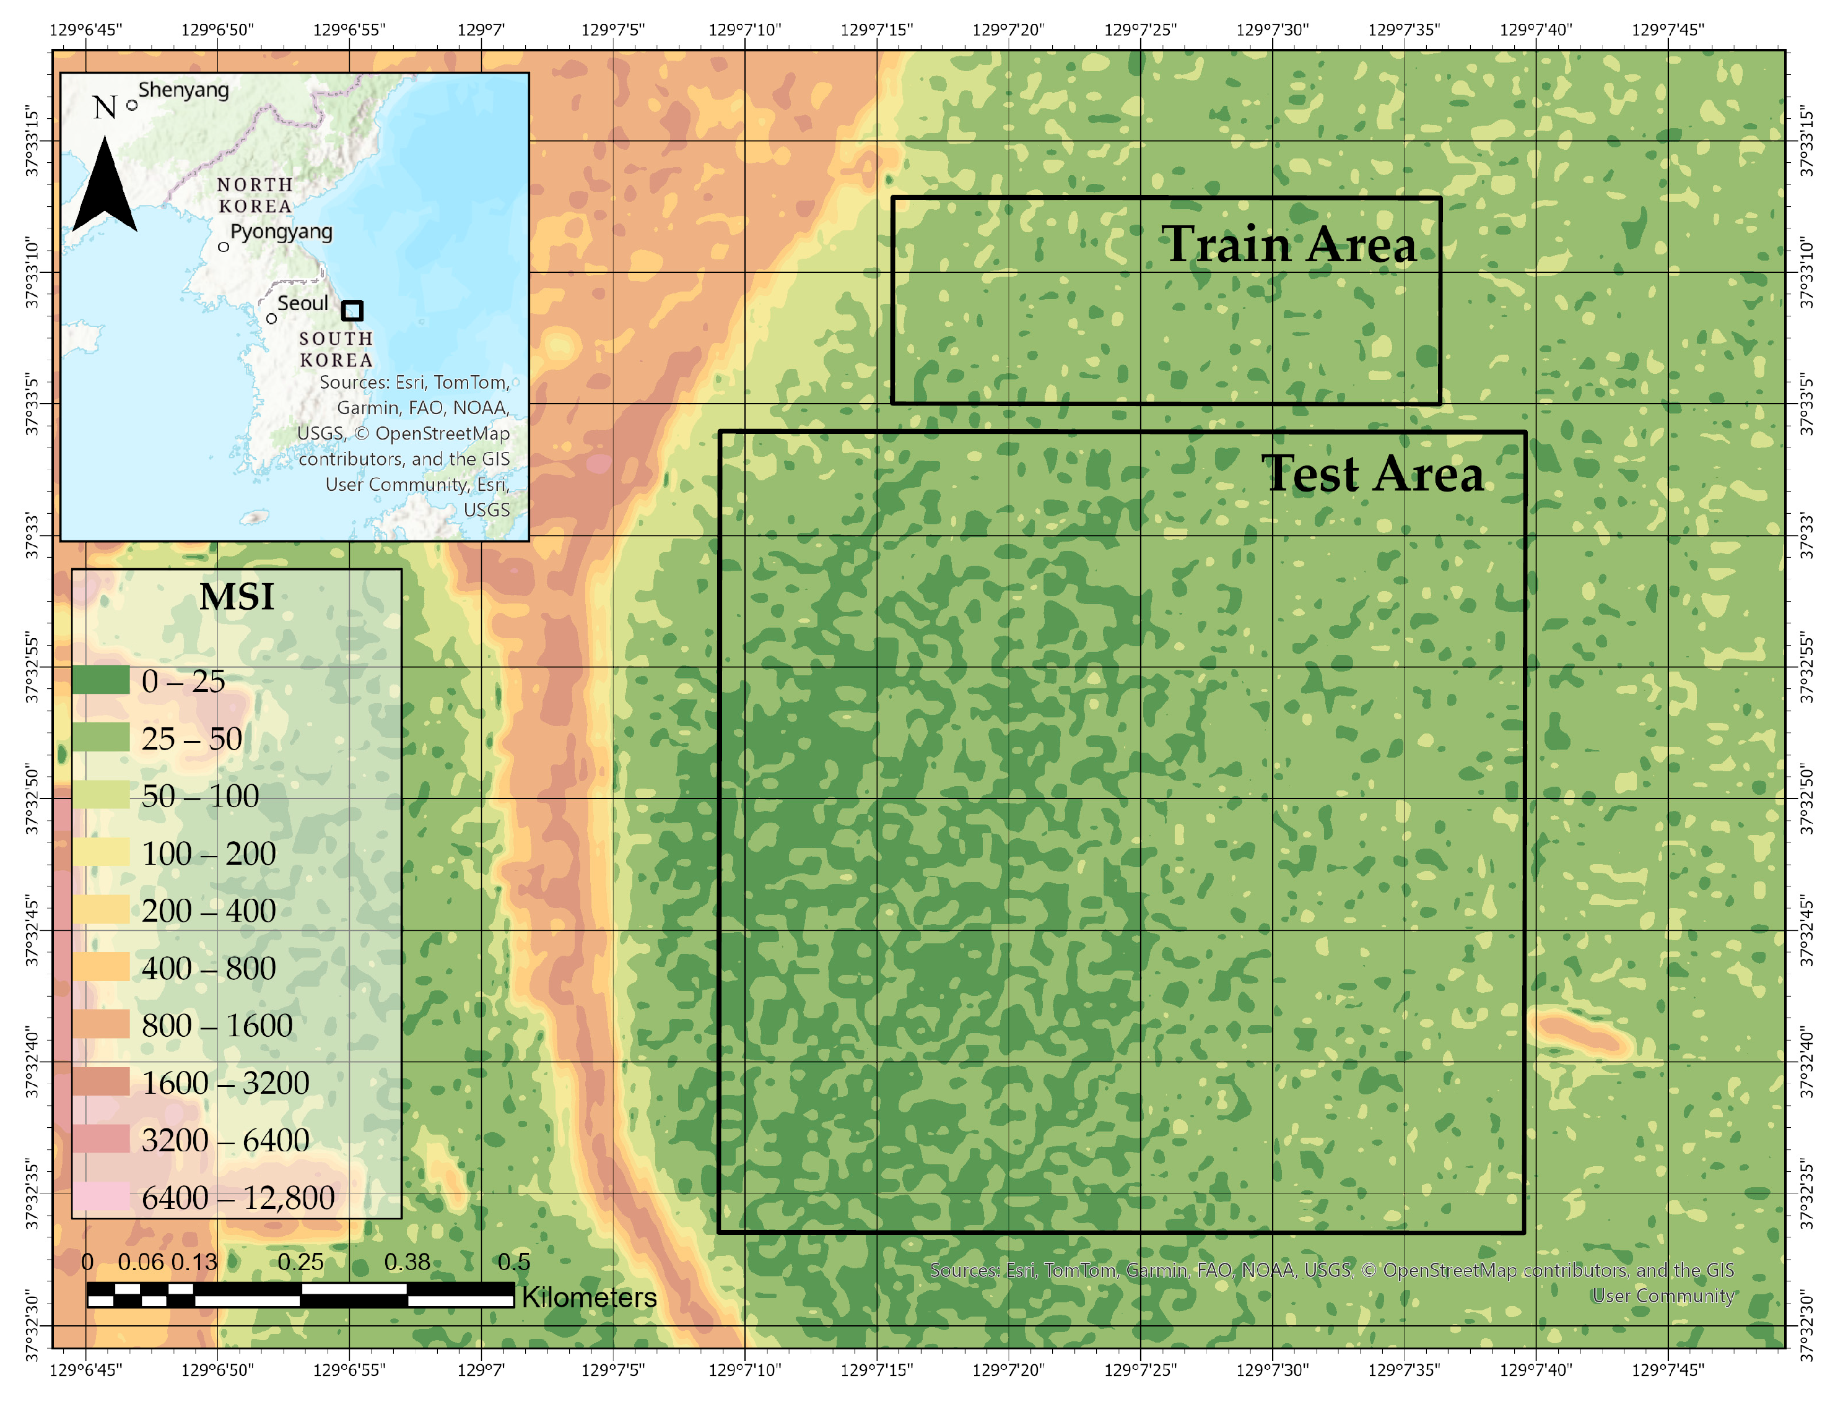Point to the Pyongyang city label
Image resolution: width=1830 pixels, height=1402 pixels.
[281, 232]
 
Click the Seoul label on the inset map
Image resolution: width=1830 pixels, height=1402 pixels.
[302, 304]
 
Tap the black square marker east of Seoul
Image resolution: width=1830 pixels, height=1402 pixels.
[352, 311]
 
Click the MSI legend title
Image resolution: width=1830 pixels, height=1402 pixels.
[237, 597]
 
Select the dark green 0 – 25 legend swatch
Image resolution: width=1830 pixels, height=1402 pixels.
[101, 681]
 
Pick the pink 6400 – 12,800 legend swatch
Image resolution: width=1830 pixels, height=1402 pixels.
[101, 1196]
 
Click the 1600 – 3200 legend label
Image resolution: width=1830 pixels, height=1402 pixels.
[225, 1083]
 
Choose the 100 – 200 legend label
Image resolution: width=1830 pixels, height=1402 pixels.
[209, 853]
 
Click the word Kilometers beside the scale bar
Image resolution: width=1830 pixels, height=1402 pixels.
[588, 1297]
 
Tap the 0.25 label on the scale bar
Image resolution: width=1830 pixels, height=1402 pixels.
[300, 1261]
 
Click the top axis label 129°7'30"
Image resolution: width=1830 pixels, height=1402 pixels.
[1271, 30]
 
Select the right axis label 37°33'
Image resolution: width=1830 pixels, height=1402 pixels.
[1805, 536]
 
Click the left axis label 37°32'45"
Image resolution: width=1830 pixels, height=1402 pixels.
[32, 930]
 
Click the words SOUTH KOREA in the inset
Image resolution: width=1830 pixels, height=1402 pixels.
[336, 349]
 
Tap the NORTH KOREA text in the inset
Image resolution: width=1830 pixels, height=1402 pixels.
[255, 195]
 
